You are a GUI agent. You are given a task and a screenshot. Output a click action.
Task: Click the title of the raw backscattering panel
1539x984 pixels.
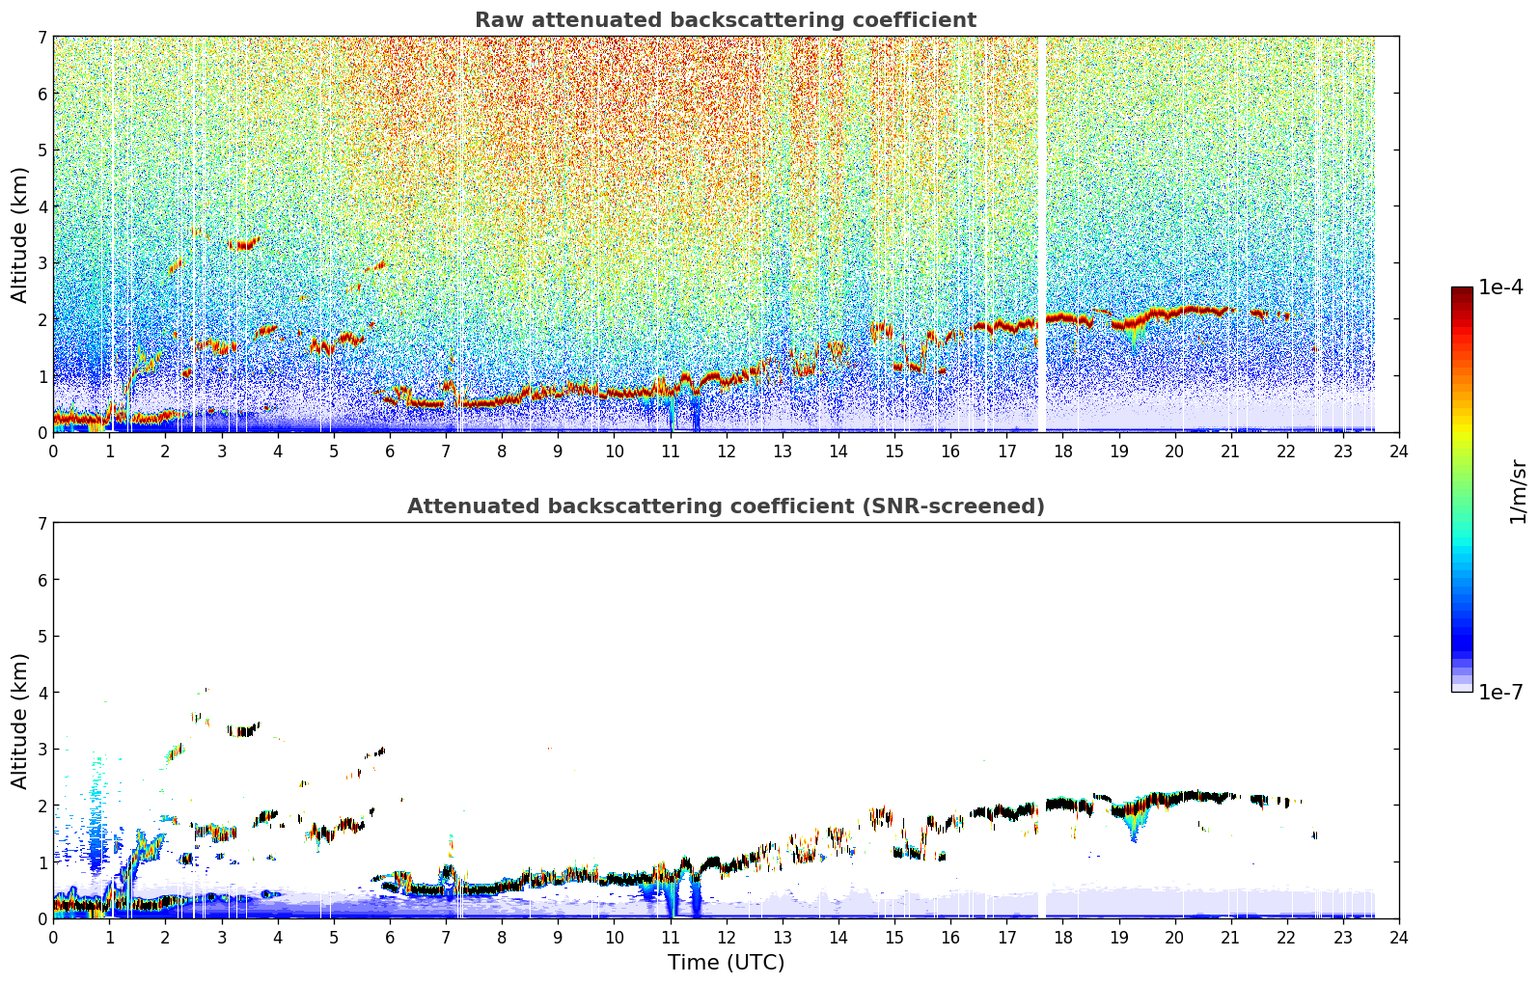(726, 20)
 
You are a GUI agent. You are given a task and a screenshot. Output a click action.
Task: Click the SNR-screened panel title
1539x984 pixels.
(726, 506)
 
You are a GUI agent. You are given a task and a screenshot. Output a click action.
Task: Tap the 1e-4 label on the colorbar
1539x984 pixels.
(1500, 287)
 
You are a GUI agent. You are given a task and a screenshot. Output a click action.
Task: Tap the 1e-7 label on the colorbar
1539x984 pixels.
(1500, 692)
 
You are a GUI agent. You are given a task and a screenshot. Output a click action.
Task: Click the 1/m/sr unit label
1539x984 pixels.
(1518, 493)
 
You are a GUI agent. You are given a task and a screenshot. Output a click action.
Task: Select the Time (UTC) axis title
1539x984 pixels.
(726, 962)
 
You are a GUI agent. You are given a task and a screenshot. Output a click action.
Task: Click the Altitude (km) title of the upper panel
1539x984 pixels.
(19, 235)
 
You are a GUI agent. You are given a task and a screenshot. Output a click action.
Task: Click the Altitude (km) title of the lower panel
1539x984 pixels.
(19, 721)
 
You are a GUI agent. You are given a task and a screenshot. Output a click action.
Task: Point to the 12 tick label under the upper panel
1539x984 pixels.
(727, 451)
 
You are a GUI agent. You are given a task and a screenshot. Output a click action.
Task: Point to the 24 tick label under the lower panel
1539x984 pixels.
(1399, 938)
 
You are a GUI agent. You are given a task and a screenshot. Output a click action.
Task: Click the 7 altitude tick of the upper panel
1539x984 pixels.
(41, 37)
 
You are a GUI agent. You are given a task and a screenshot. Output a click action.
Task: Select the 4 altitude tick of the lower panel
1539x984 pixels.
(41, 693)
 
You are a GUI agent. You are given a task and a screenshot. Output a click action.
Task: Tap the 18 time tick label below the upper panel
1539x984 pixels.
(1063, 451)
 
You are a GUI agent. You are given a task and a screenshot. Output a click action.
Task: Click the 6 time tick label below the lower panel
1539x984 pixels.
(390, 938)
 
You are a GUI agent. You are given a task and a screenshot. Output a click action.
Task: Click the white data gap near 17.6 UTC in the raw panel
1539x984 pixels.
(1041, 234)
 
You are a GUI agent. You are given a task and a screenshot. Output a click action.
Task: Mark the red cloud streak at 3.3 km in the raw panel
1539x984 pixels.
(243, 244)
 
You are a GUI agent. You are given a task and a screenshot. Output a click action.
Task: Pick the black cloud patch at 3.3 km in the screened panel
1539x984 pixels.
(243, 729)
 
